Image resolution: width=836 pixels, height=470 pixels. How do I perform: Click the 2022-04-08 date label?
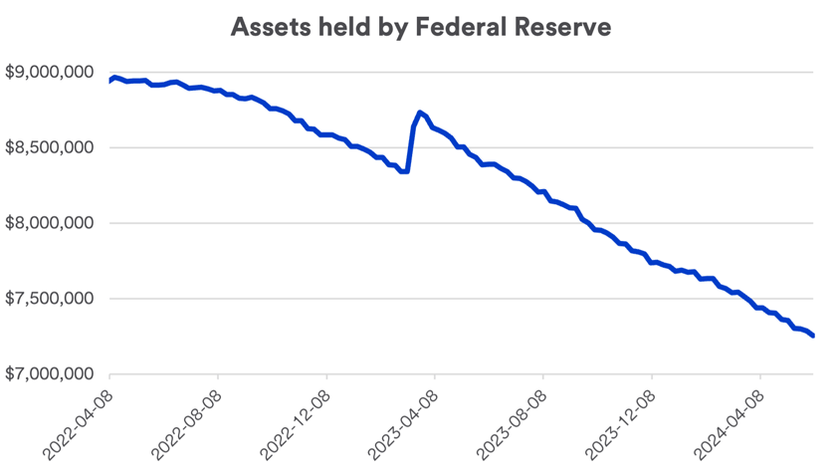pos(78,422)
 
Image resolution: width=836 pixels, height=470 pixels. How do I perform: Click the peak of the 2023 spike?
pos(420,113)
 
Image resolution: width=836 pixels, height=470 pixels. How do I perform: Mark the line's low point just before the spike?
pos(406,171)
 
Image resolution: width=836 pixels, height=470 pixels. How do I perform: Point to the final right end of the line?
pos(813,336)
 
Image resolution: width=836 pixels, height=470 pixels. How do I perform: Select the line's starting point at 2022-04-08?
pos(108,81)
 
